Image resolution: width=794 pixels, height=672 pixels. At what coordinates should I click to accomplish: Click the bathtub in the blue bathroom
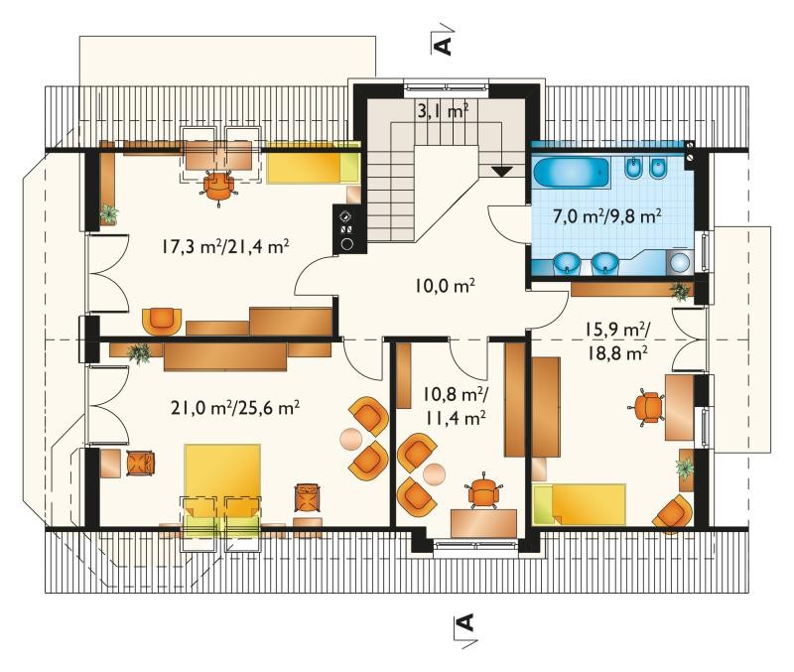[x=571, y=173]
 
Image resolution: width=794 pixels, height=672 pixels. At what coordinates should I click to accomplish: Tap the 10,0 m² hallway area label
[x=445, y=286]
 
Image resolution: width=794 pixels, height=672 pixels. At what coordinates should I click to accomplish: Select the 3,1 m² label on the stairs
[x=442, y=111]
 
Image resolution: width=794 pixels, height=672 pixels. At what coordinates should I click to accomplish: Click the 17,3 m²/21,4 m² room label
[x=225, y=247]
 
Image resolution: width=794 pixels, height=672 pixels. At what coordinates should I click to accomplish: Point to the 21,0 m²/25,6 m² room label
[x=234, y=408]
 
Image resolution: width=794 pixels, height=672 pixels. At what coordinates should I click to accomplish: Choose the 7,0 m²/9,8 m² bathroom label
[x=606, y=216]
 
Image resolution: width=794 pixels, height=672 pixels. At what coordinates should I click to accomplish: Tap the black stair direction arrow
[x=502, y=172]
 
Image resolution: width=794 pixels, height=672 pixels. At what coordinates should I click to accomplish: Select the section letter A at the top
[x=443, y=46]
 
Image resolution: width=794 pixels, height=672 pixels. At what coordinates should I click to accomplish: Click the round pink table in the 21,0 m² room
[x=349, y=438]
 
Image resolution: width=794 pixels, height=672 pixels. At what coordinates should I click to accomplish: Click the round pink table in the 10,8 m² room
[x=434, y=473]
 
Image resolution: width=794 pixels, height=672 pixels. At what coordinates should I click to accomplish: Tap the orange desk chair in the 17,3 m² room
[x=218, y=188]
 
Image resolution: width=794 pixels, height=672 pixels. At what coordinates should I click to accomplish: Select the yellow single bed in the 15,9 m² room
[x=580, y=504]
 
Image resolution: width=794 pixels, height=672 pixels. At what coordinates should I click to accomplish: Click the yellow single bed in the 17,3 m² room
[x=312, y=163]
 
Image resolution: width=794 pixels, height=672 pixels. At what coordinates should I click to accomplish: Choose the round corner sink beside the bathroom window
[x=680, y=262]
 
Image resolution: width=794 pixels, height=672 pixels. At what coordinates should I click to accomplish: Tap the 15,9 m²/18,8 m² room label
[x=617, y=340]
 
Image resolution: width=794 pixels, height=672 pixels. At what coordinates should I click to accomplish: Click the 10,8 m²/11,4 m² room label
[x=455, y=405]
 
